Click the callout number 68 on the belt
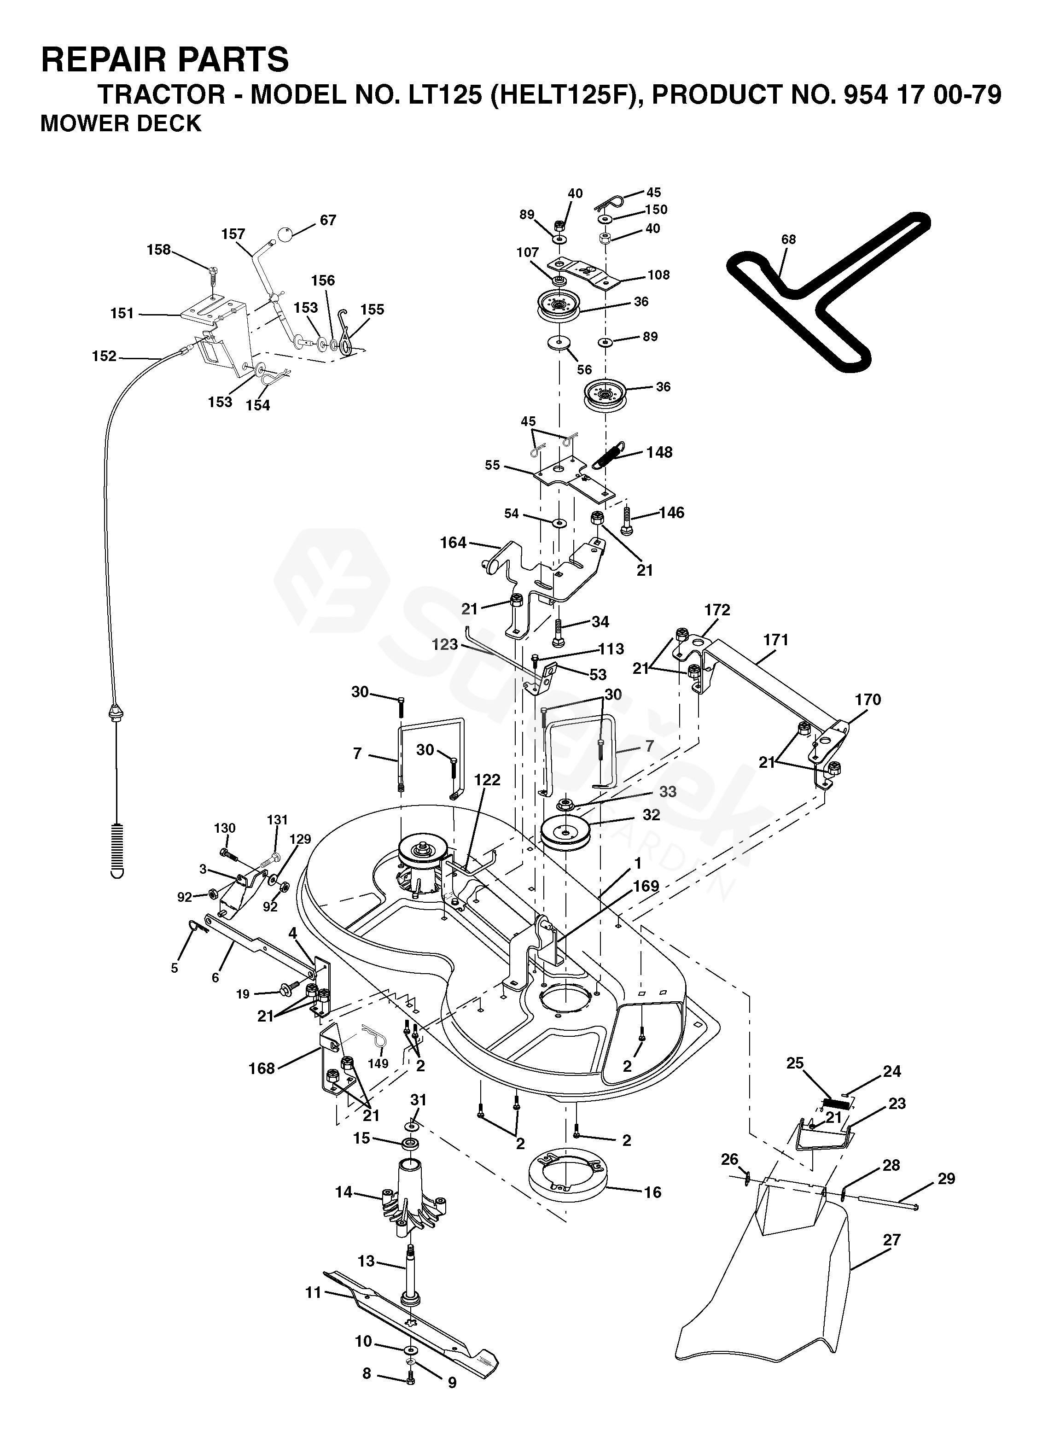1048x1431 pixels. coord(789,239)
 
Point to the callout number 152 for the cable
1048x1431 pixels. coord(105,356)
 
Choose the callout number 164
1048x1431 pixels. coord(453,543)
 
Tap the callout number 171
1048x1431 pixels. coord(776,640)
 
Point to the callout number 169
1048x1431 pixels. coord(646,886)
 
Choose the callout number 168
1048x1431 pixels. coord(262,1069)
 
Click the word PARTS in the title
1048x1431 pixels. coord(220,60)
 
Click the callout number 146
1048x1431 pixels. coord(672,512)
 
